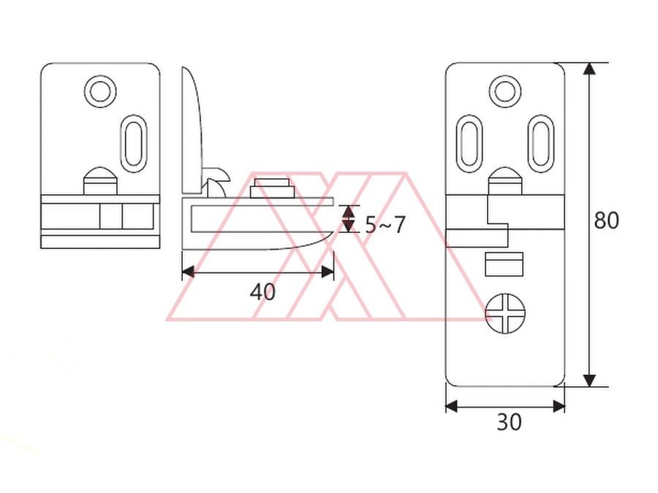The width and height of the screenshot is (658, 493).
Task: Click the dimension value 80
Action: point(606,220)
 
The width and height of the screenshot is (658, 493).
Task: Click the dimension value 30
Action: point(509,421)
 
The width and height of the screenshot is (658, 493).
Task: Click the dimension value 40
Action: point(262,291)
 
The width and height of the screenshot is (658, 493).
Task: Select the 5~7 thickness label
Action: point(385,225)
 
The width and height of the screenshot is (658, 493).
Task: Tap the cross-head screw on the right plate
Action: point(505,313)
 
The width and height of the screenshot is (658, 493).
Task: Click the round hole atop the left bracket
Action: point(100,91)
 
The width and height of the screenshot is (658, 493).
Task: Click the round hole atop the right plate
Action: point(505,91)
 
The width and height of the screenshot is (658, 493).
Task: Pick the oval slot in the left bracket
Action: point(134,143)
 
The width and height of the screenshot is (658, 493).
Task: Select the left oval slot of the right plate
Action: point(469,143)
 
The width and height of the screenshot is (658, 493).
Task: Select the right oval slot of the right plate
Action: point(541,143)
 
